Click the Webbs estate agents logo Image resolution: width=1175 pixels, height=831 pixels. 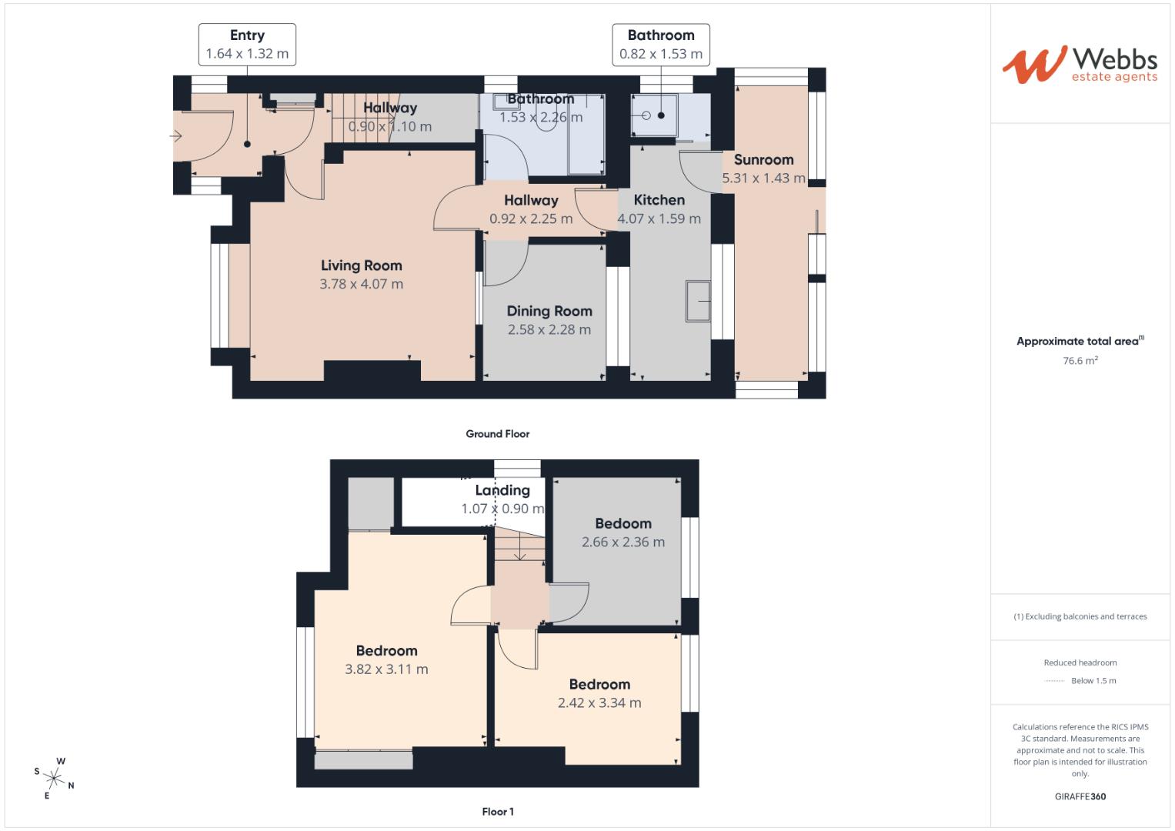click(1079, 64)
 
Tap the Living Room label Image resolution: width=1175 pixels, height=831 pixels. click(361, 265)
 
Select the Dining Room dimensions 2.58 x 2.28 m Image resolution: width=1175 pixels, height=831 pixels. click(549, 330)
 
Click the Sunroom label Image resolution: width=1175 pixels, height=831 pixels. click(763, 160)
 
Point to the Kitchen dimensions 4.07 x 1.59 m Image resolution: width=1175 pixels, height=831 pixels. click(659, 219)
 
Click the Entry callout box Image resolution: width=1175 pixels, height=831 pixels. click(247, 45)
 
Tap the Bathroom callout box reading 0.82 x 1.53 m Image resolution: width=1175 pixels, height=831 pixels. click(660, 45)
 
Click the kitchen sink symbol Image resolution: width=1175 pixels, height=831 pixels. click(698, 301)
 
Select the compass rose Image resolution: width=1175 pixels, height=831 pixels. click(55, 778)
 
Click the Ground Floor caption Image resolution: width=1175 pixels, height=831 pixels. click(497, 434)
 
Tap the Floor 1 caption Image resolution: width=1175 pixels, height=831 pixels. click(497, 812)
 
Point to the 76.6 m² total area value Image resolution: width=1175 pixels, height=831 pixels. click(1080, 361)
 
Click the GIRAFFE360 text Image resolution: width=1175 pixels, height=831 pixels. click(1080, 796)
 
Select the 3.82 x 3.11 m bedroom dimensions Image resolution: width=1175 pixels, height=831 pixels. click(386, 669)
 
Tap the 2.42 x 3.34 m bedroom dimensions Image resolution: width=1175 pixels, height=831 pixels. click(599, 703)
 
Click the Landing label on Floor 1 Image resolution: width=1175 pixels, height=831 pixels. click(502, 490)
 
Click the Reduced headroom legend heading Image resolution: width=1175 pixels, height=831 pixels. click(1080, 662)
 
